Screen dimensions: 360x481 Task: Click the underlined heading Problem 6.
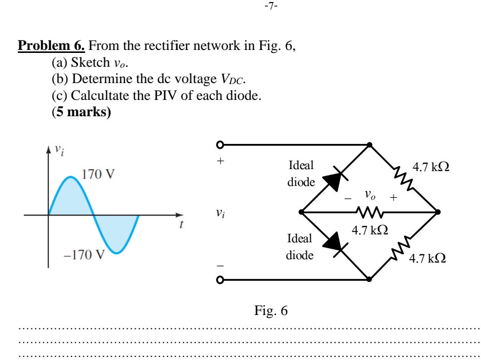coord(51,46)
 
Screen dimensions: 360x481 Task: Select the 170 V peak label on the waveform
coord(98,174)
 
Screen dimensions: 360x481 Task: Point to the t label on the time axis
coord(182,225)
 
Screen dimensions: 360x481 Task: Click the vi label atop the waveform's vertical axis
coord(59,148)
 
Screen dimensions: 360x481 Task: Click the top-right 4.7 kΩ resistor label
coord(432,167)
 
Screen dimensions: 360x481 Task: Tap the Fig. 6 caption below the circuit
coord(271,311)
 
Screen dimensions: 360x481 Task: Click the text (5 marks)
coord(81,112)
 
